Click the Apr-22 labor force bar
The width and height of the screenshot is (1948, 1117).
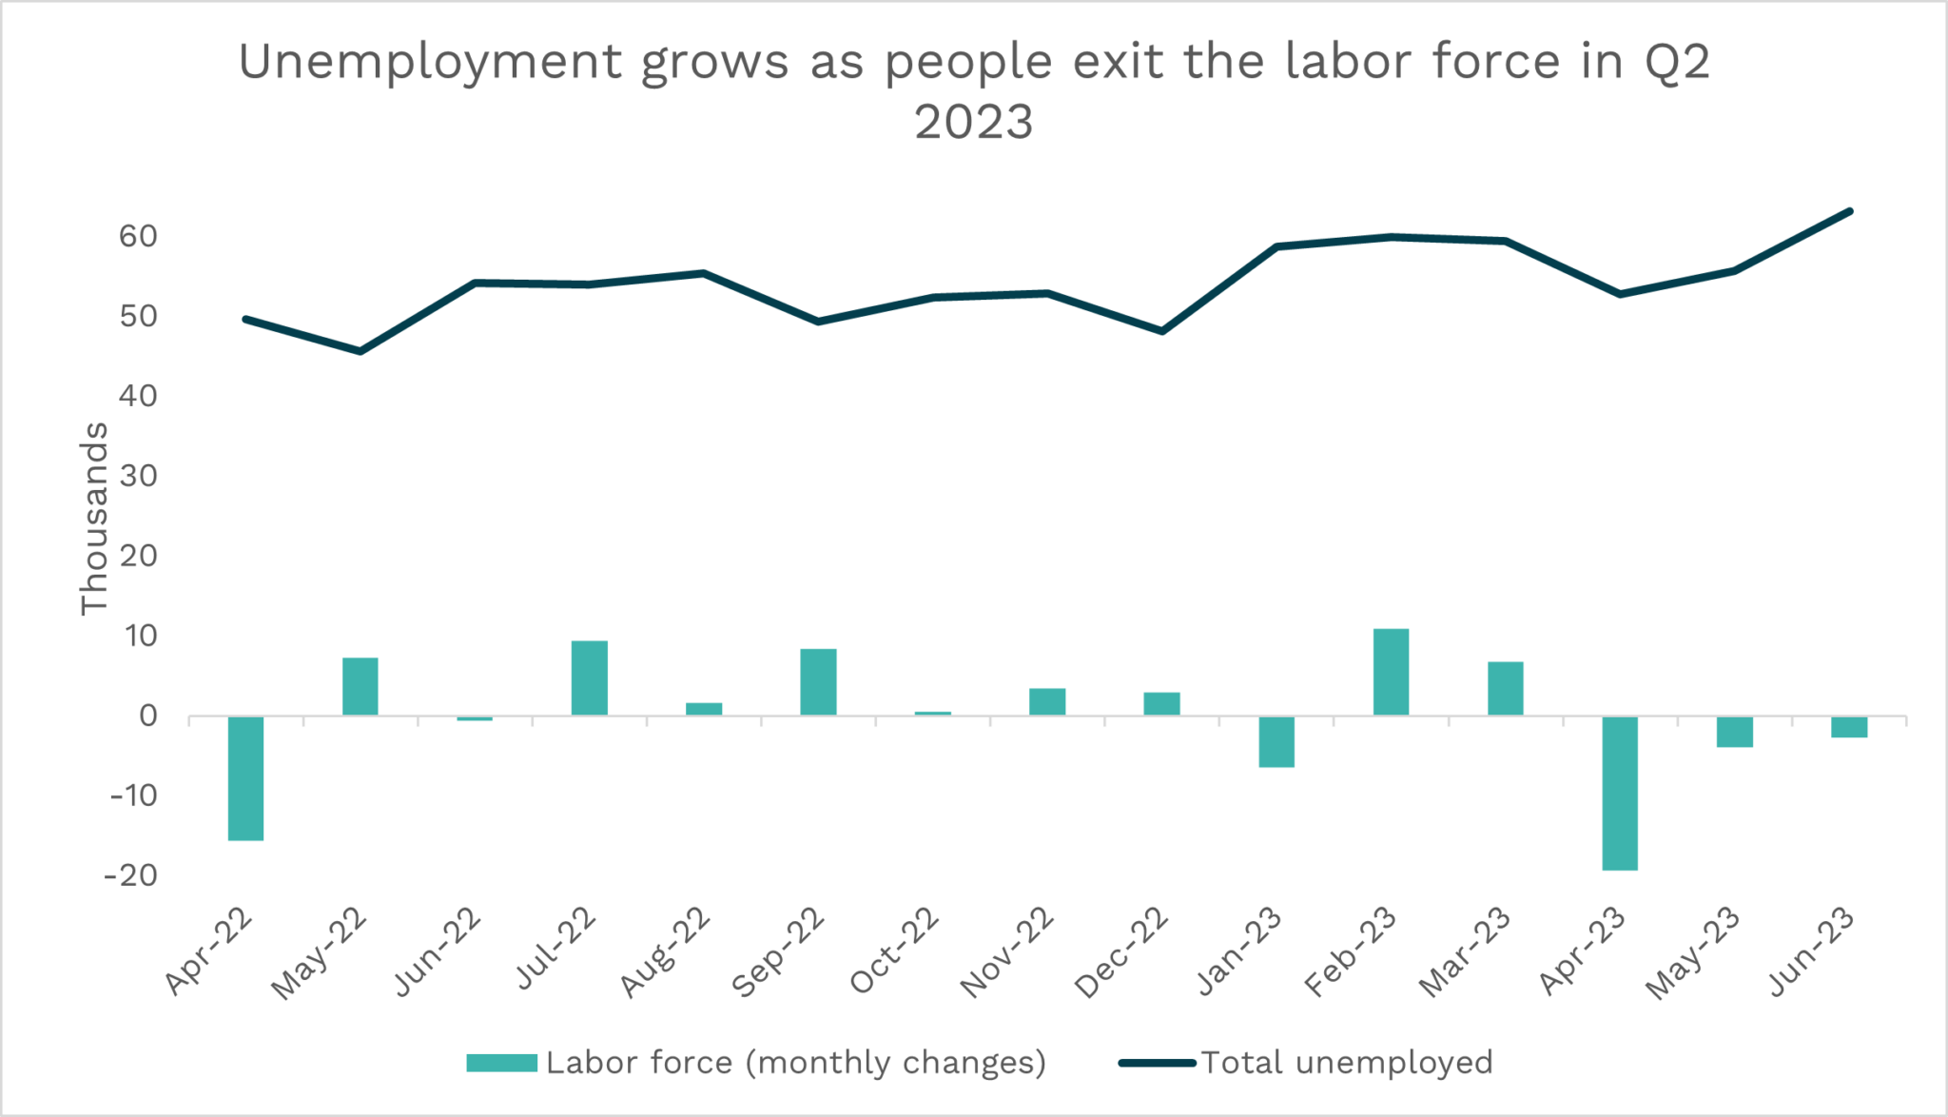coord(245,777)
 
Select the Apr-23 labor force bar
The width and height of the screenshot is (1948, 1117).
coord(1620,793)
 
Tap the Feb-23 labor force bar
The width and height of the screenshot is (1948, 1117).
coord(1391,672)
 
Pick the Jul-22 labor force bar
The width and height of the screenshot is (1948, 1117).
coord(589,677)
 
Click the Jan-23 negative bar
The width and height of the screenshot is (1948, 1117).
coord(1276,741)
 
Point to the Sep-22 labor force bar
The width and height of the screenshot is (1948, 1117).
coord(818,681)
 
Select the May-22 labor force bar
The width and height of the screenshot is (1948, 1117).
coord(360,686)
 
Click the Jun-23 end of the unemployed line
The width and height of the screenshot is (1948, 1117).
coord(1849,211)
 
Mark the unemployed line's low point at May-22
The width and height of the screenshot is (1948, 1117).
coord(360,351)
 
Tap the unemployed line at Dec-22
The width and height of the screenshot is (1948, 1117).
coord(1161,331)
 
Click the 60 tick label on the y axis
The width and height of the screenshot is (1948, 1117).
coord(138,236)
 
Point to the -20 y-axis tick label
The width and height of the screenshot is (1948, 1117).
coord(131,875)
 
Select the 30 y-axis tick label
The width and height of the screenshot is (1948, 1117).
coord(138,476)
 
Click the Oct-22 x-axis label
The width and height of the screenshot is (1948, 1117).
coord(895,950)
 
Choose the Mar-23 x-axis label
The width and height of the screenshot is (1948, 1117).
coord(1466,952)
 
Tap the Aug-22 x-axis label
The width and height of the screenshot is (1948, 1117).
coord(666,952)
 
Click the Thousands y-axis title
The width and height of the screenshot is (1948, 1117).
coord(94,519)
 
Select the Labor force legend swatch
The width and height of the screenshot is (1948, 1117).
coord(501,1063)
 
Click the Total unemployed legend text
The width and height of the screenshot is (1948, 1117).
coord(1346,1063)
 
